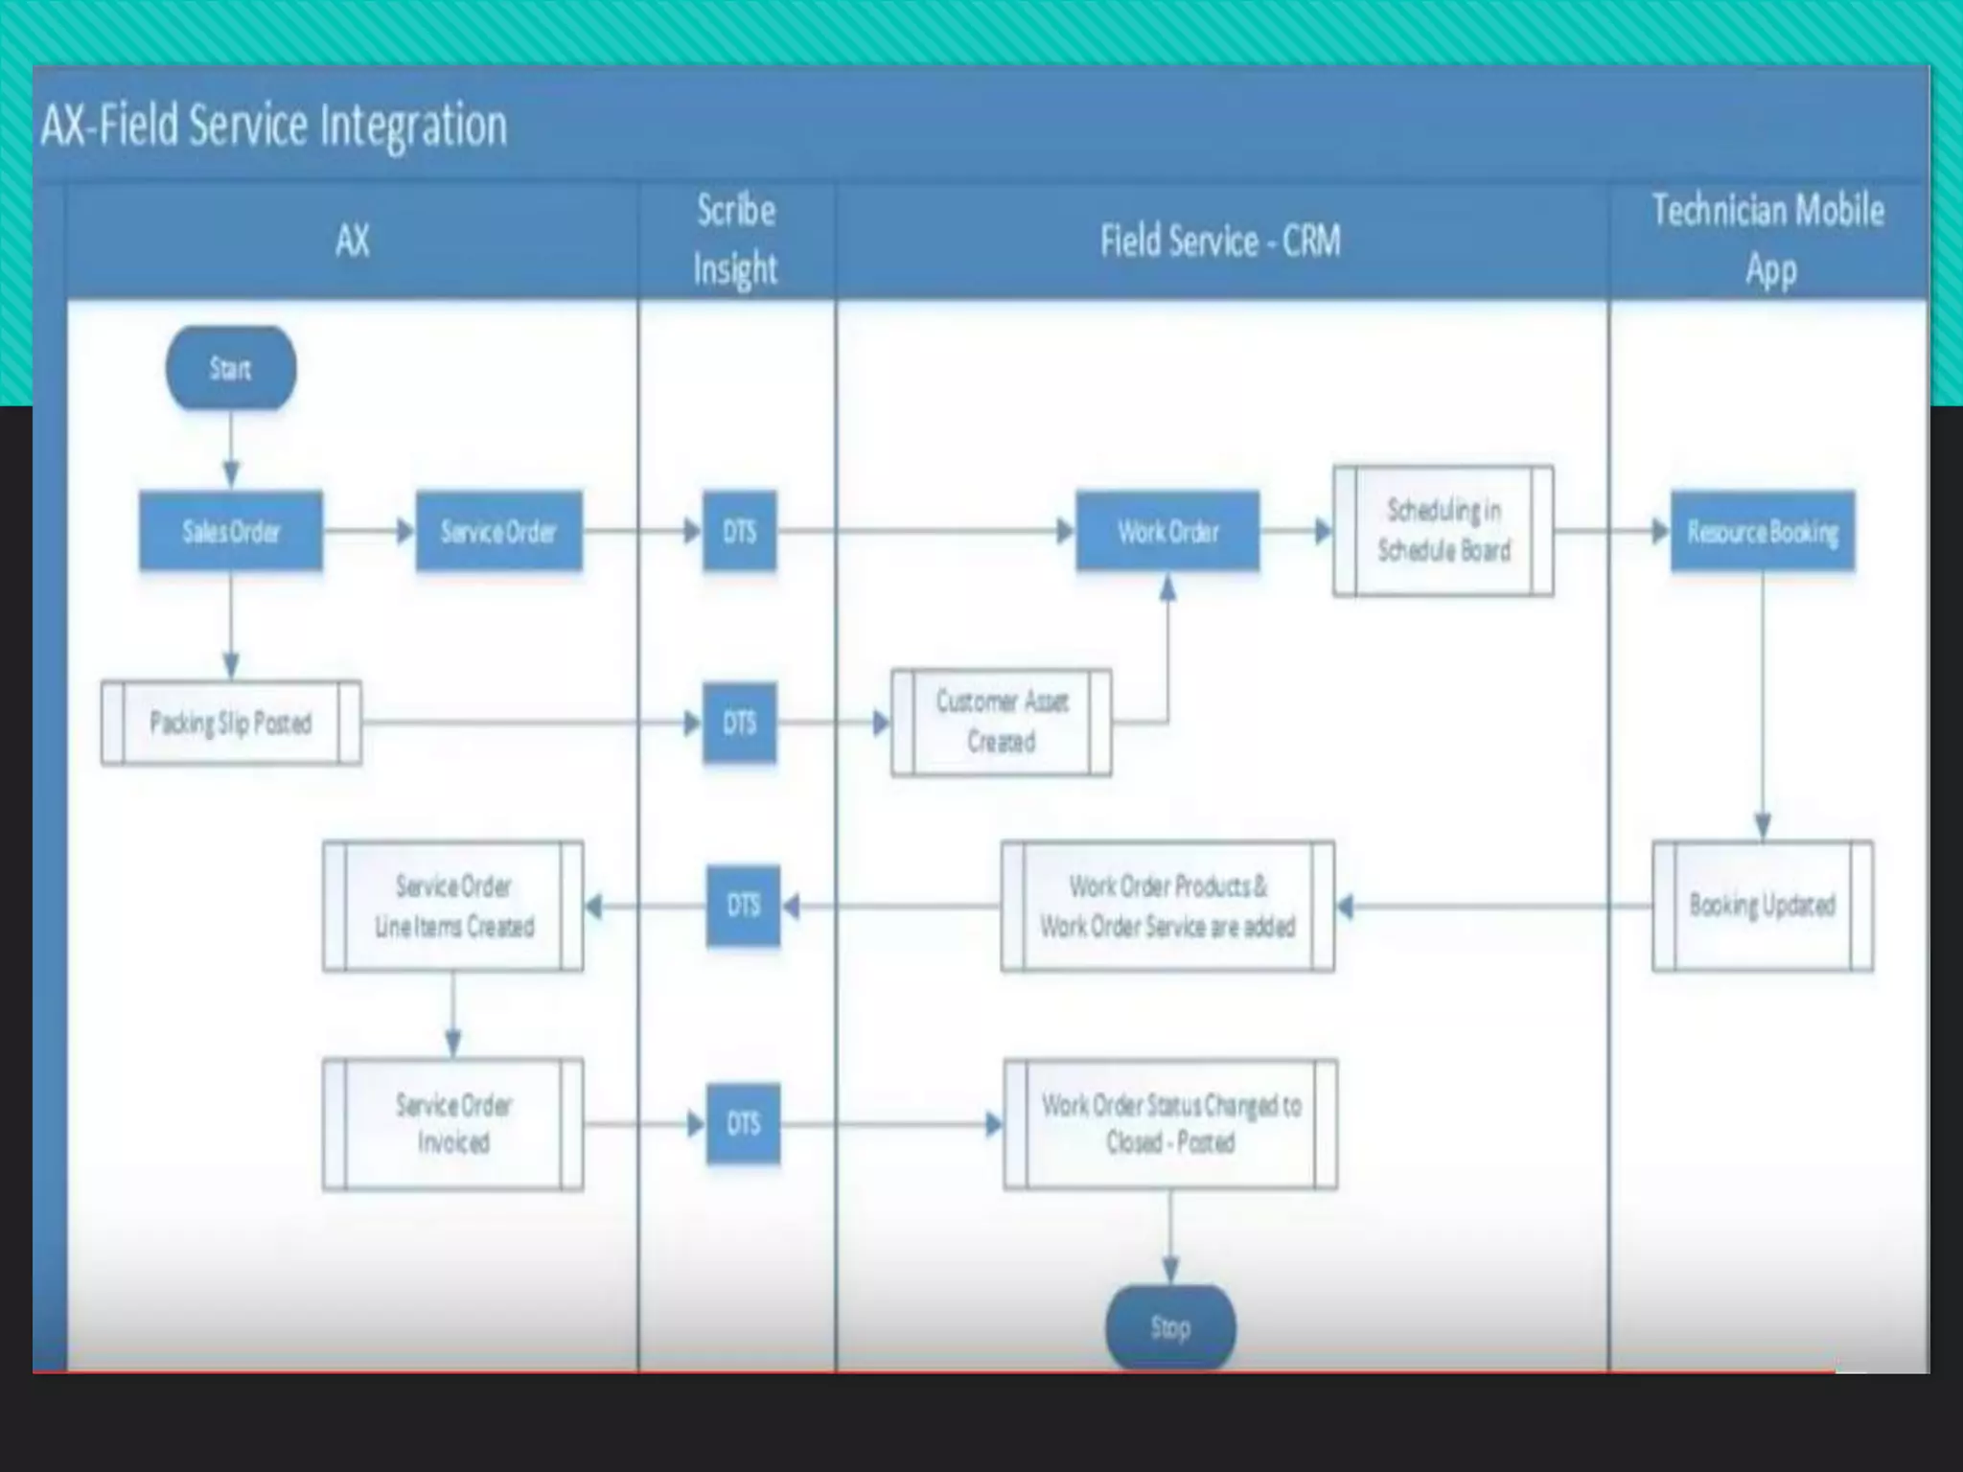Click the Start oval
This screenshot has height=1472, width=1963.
[x=230, y=368]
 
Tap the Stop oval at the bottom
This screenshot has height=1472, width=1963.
[x=1169, y=1326]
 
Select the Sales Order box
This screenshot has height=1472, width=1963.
[x=231, y=531]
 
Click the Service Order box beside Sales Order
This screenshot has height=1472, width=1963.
[x=498, y=531]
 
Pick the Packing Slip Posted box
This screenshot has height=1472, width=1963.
[x=231, y=723]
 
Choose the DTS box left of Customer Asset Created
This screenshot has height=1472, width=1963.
[x=739, y=723]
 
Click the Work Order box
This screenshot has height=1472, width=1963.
[x=1167, y=531]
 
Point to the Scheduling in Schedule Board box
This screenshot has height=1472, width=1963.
[x=1443, y=531]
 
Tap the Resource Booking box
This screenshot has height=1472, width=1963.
[x=1763, y=531]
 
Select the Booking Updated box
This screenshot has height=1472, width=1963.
[x=1763, y=905]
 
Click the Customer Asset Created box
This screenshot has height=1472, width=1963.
[x=1002, y=722]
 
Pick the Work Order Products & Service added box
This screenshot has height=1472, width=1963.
[x=1167, y=906]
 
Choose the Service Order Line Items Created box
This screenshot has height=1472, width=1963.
[x=453, y=906]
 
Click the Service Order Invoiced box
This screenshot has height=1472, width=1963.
[x=453, y=1123]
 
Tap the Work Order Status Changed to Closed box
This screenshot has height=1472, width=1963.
[x=1170, y=1123]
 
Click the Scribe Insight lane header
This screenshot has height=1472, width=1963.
[x=736, y=240]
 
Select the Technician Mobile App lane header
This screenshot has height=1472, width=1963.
[x=1768, y=240]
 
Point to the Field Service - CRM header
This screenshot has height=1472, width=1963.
[x=1220, y=241]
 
